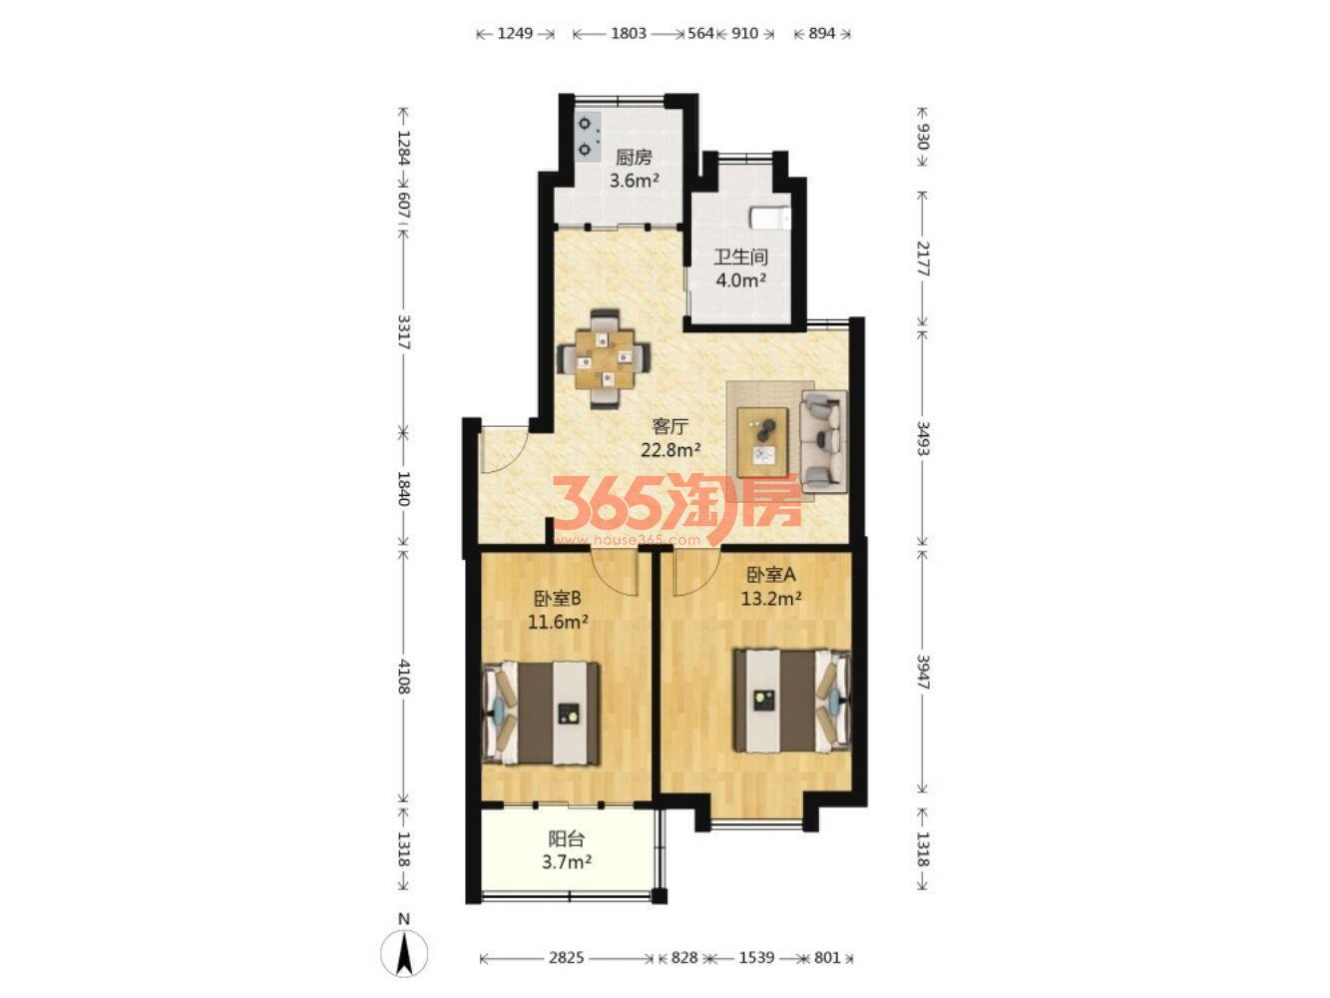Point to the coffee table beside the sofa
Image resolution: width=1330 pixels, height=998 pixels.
762,442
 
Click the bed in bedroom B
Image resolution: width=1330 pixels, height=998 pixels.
541,713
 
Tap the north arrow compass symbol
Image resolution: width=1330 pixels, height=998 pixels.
403,952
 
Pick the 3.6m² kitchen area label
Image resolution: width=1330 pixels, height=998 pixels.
634,181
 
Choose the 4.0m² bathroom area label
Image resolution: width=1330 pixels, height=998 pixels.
740,280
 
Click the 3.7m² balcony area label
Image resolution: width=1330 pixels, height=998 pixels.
567,862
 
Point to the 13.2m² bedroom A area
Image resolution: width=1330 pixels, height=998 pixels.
771,599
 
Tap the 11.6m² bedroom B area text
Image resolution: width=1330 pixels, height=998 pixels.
558,622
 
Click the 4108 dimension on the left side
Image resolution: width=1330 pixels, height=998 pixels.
403,678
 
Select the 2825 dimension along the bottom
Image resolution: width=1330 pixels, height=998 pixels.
566,957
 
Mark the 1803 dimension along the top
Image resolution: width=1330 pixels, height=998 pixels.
629,33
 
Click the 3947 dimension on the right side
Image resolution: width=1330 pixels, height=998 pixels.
922,672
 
